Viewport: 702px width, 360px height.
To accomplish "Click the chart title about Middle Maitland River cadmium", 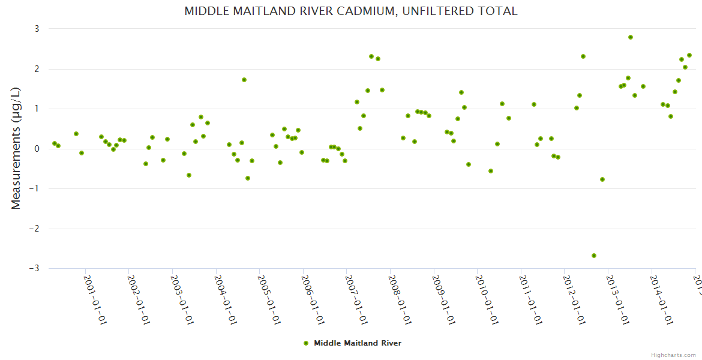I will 350,11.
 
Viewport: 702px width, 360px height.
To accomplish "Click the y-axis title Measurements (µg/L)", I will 16,148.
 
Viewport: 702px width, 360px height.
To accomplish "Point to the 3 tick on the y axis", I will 36,29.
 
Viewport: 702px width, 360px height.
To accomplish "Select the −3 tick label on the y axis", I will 34,269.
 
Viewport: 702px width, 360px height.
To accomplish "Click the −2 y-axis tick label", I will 34,229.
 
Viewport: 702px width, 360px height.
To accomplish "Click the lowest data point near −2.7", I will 594,256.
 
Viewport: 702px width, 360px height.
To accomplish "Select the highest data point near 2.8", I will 631,37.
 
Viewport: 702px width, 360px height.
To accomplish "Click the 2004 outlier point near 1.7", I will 244,80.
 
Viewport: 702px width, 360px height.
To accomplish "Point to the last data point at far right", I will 689,55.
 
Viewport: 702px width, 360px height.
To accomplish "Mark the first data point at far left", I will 55,143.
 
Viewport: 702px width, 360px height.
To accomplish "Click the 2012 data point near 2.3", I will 583,56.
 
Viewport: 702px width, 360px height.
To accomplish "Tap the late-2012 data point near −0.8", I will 602,179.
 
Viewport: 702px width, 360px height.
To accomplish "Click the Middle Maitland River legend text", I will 358,343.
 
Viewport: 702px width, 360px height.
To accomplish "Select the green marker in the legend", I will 306,343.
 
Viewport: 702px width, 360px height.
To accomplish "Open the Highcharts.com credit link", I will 673,355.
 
